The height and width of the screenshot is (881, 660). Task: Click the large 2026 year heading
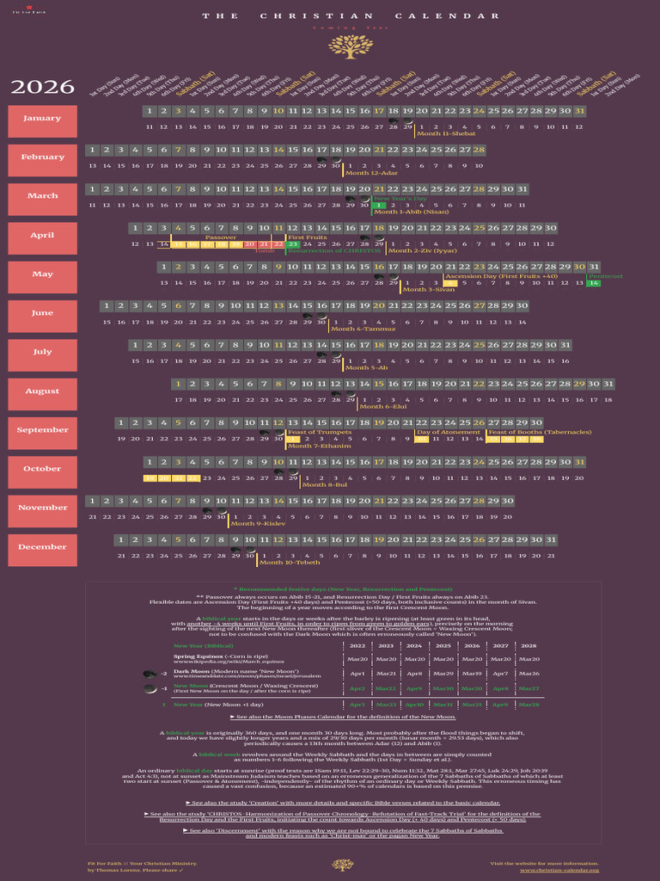(x=42, y=87)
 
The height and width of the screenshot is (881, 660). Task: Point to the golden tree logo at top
(x=345, y=46)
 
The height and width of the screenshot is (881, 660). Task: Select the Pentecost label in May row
(x=605, y=276)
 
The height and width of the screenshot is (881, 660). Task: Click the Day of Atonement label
(x=448, y=432)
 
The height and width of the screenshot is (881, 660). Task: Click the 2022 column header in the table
(x=357, y=645)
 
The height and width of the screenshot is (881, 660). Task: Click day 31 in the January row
(x=579, y=111)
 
